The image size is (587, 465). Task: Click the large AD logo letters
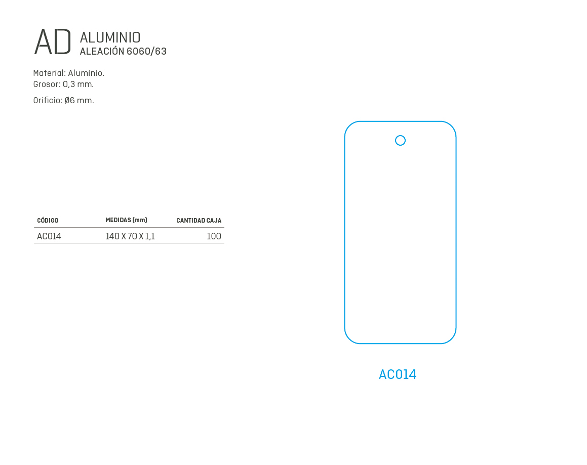(52, 41)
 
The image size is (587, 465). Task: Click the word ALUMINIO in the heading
(110, 37)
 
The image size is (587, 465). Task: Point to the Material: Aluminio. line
(68, 73)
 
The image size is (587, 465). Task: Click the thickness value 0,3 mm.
(78, 84)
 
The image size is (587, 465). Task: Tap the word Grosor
(47, 84)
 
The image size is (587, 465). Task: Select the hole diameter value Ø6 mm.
(79, 100)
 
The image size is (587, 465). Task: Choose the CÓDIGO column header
(48, 220)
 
